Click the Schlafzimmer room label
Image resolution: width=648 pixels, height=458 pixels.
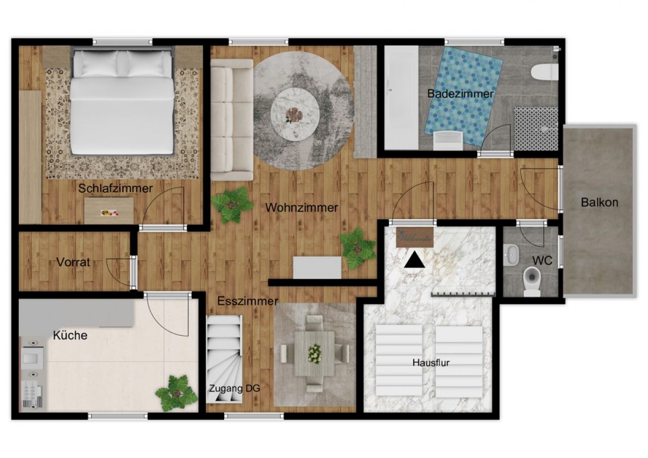tap(116, 188)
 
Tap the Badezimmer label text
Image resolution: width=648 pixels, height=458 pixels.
tap(460, 93)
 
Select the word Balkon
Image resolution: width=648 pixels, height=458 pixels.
tap(600, 202)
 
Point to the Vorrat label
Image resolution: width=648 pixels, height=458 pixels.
tap(73, 262)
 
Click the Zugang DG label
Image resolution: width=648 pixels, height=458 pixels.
tap(234, 388)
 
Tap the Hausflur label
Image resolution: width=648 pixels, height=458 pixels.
tap(431, 362)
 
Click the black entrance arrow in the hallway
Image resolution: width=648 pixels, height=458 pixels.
tap(415, 259)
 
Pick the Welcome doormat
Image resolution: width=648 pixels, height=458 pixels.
tap(415, 238)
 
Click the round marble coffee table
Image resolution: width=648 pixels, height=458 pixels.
tap(295, 114)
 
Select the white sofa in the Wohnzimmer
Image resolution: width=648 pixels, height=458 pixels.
tap(232, 120)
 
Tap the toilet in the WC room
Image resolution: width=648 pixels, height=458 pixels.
tap(532, 281)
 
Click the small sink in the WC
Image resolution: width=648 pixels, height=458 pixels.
tap(511, 255)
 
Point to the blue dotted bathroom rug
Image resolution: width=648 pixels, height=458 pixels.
tap(464, 96)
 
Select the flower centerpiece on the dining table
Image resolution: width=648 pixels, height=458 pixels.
tap(314, 353)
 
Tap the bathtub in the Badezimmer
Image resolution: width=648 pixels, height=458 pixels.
tap(402, 98)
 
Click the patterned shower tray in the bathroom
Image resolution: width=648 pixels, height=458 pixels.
tap(536, 129)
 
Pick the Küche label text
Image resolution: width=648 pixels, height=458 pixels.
tap(70, 335)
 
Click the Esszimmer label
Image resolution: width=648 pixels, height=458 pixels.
tap(248, 301)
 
